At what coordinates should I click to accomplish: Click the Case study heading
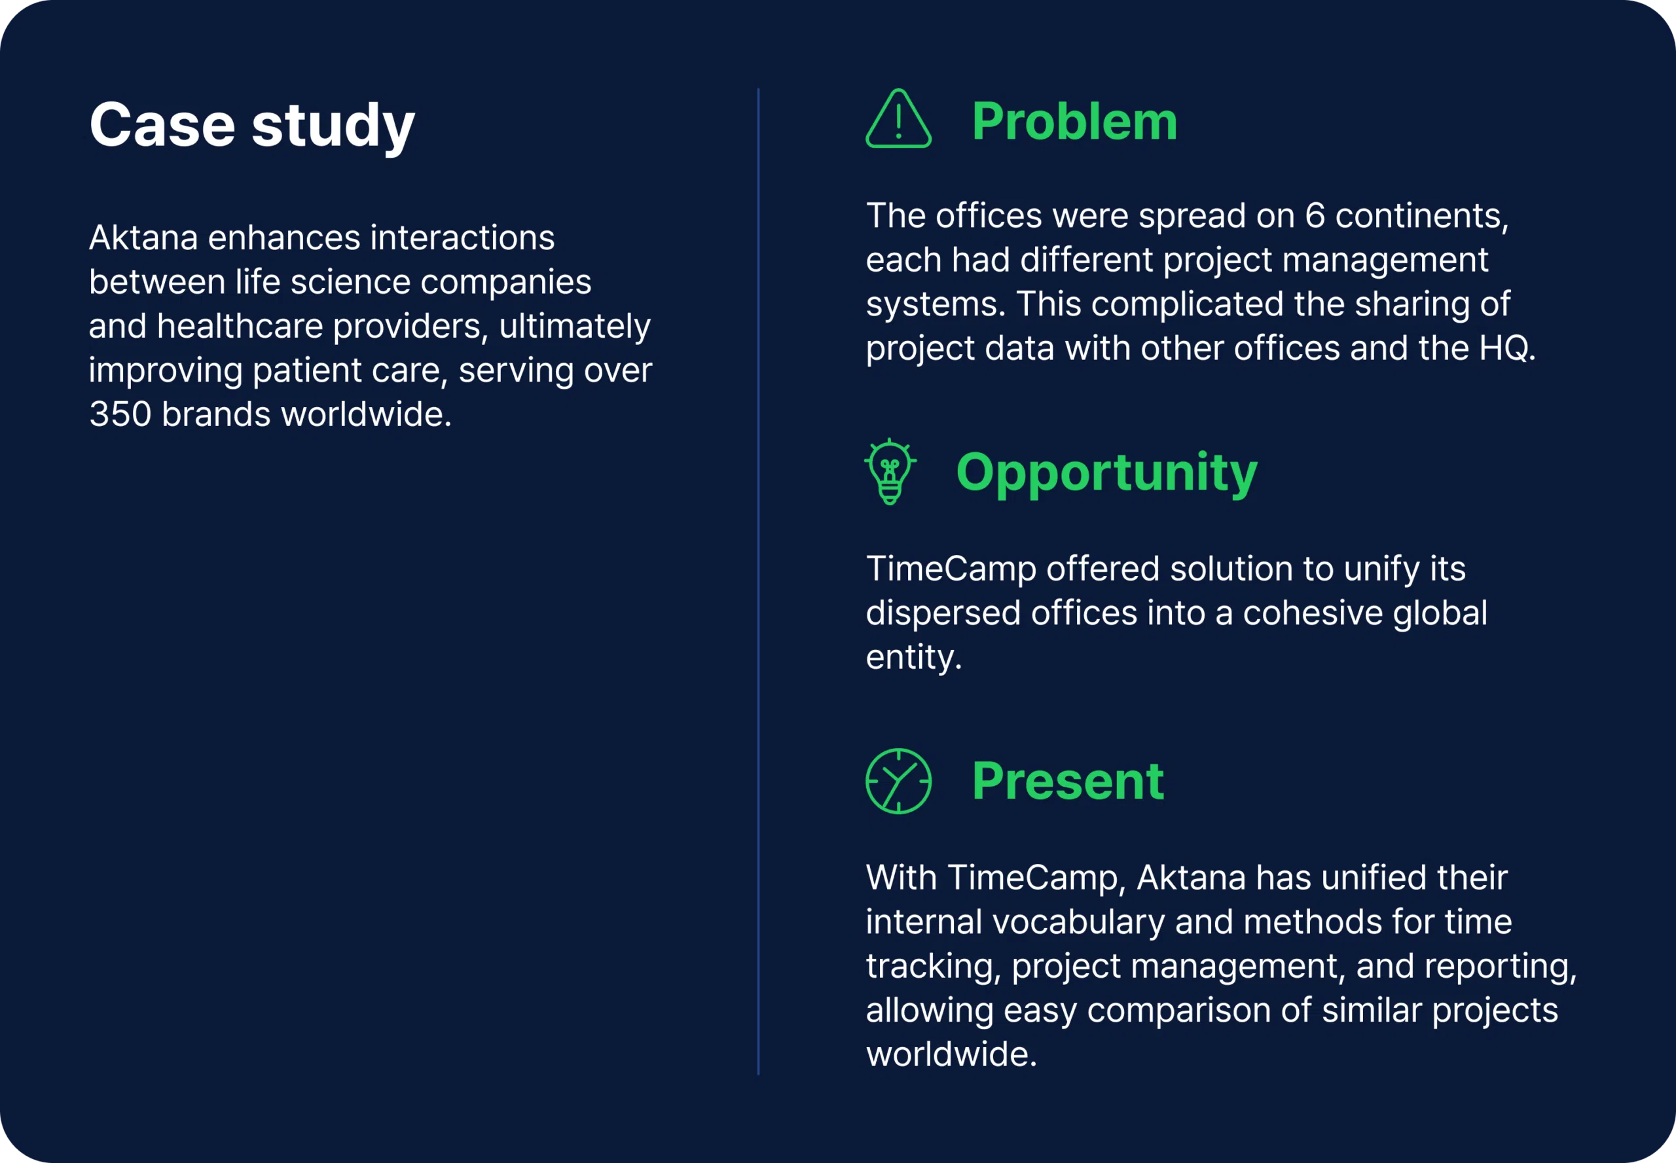pos(251,126)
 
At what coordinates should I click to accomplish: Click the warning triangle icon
pos(898,120)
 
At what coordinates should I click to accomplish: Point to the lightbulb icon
pos(890,471)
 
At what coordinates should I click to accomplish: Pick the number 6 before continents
pos(1315,216)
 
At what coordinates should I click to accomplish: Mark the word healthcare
pos(239,326)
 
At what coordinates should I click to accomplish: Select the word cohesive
pos(1312,613)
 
